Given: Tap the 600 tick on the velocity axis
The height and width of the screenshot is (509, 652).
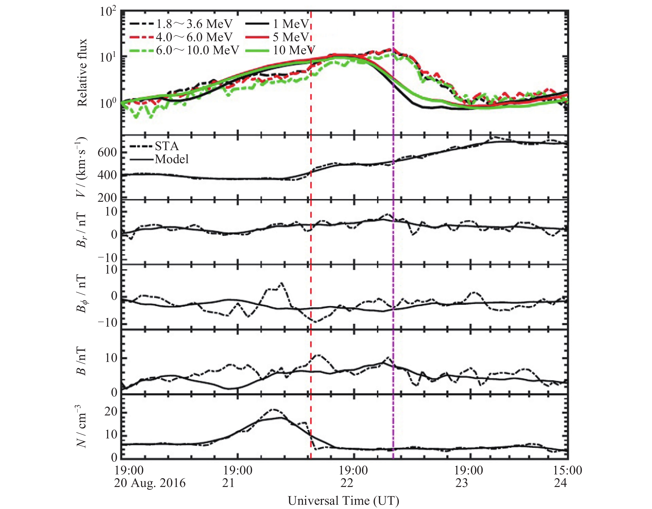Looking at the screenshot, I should coord(107,153).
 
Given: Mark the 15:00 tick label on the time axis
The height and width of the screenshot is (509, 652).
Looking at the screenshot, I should coord(568,470).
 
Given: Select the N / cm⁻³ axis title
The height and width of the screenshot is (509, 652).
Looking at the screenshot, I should coord(81,427).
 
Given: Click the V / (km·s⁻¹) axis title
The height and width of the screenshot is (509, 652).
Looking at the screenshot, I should coord(81,167).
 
